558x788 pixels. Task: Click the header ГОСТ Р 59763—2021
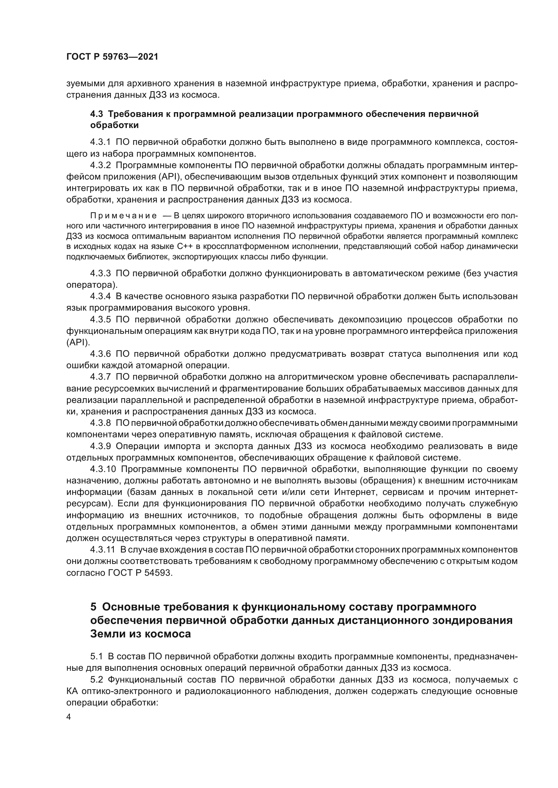(112, 57)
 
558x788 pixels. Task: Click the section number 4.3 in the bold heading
(97, 114)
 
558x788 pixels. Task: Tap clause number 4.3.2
(100, 165)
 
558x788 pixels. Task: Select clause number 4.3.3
(100, 274)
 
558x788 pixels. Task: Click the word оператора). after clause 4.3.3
(92, 285)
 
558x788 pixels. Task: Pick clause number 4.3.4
(100, 296)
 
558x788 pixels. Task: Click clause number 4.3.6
(100, 354)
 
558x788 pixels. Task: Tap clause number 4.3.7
(100, 377)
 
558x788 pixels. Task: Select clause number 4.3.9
(100, 446)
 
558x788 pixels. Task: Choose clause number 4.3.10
(103, 469)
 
